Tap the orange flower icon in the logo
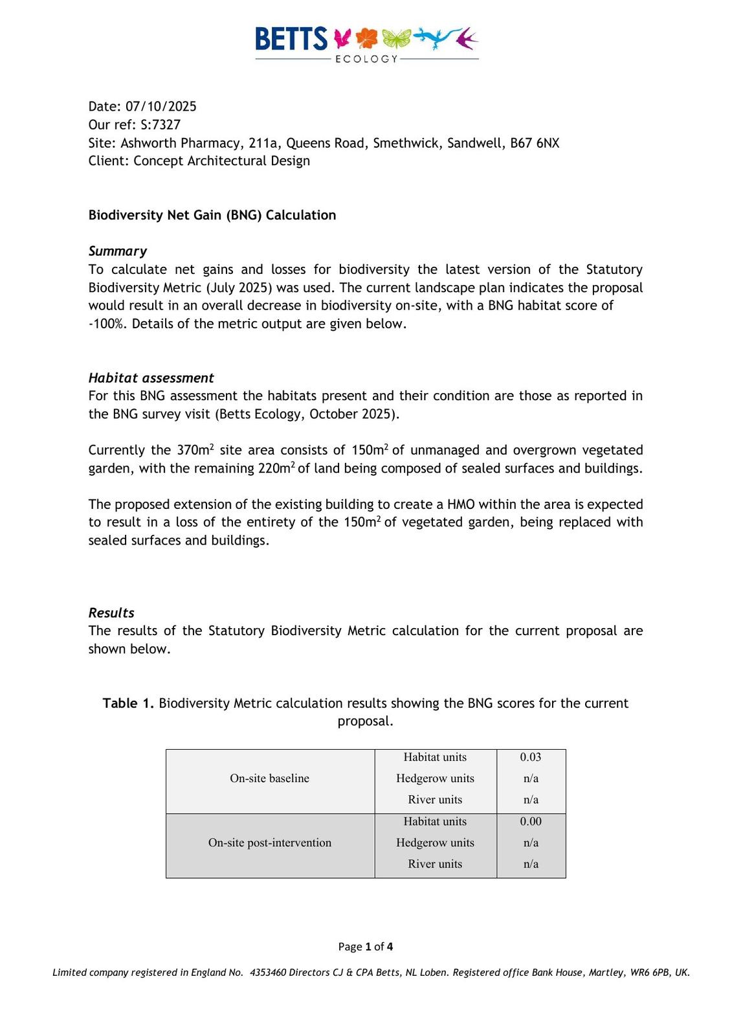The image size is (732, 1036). click(367, 38)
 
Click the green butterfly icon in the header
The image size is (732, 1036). click(396, 39)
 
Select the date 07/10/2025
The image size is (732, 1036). click(161, 106)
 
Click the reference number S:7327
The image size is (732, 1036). click(161, 124)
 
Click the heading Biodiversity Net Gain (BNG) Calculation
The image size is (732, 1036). click(212, 215)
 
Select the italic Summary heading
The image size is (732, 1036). click(117, 251)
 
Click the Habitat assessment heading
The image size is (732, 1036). click(151, 378)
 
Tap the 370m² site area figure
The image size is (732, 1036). click(195, 450)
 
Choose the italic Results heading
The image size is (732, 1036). click(111, 613)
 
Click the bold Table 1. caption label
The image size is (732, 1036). click(128, 703)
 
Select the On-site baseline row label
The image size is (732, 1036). click(269, 778)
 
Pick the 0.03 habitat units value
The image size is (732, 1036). click(530, 757)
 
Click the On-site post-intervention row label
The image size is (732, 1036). click(269, 842)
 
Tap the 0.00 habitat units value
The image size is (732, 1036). click(530, 821)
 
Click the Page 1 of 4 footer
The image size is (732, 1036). click(365, 947)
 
